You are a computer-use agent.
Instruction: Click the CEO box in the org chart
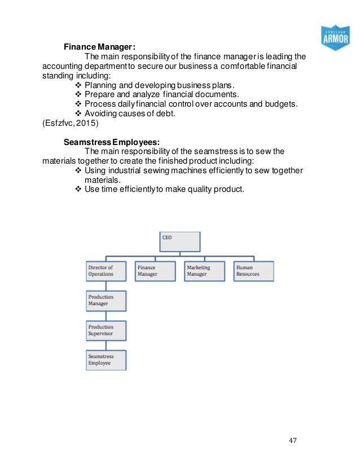click(178, 241)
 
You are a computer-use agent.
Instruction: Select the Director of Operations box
click(106, 271)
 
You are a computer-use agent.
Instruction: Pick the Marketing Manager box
click(204, 271)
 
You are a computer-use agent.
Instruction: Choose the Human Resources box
click(253, 271)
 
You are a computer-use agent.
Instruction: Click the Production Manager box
click(106, 301)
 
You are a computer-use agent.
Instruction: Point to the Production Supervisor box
click(106, 331)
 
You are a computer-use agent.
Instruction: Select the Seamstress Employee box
click(106, 360)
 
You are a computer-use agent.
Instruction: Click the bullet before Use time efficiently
click(78, 190)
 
